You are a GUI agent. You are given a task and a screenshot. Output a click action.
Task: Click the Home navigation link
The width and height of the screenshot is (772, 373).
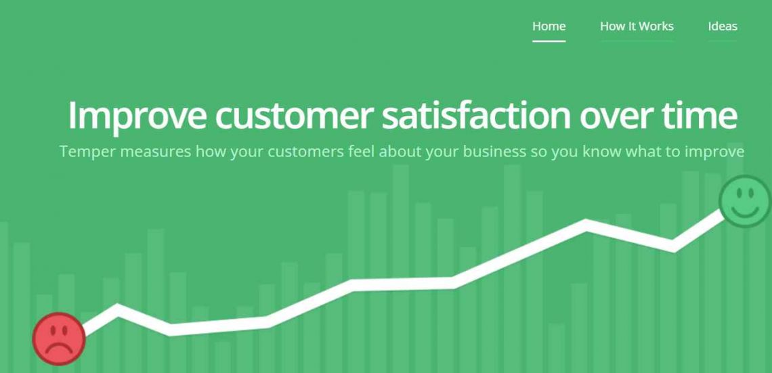pyautogui.click(x=549, y=26)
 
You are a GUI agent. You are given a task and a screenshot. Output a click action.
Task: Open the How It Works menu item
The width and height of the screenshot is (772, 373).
pyautogui.click(x=637, y=26)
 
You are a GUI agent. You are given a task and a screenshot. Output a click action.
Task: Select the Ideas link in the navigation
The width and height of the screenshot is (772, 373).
pyautogui.click(x=723, y=26)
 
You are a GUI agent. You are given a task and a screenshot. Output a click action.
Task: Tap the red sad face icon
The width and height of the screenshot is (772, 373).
pyautogui.click(x=59, y=338)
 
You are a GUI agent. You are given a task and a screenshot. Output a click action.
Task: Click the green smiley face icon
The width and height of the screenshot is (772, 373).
pyautogui.click(x=744, y=200)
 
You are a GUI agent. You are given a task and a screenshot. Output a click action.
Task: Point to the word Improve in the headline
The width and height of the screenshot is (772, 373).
pyautogui.click(x=137, y=116)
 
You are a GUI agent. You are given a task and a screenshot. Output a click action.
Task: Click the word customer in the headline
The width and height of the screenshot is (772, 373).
pyautogui.click(x=294, y=116)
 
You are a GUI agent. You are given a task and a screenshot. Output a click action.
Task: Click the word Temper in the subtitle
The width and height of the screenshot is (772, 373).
pyautogui.click(x=87, y=152)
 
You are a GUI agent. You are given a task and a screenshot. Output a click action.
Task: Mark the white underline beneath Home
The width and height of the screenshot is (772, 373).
pyautogui.click(x=549, y=41)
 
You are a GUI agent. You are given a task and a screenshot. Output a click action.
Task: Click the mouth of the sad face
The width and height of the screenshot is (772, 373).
pyautogui.click(x=59, y=349)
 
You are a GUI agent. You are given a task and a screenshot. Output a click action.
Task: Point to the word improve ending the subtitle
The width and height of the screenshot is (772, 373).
pyautogui.click(x=714, y=152)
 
